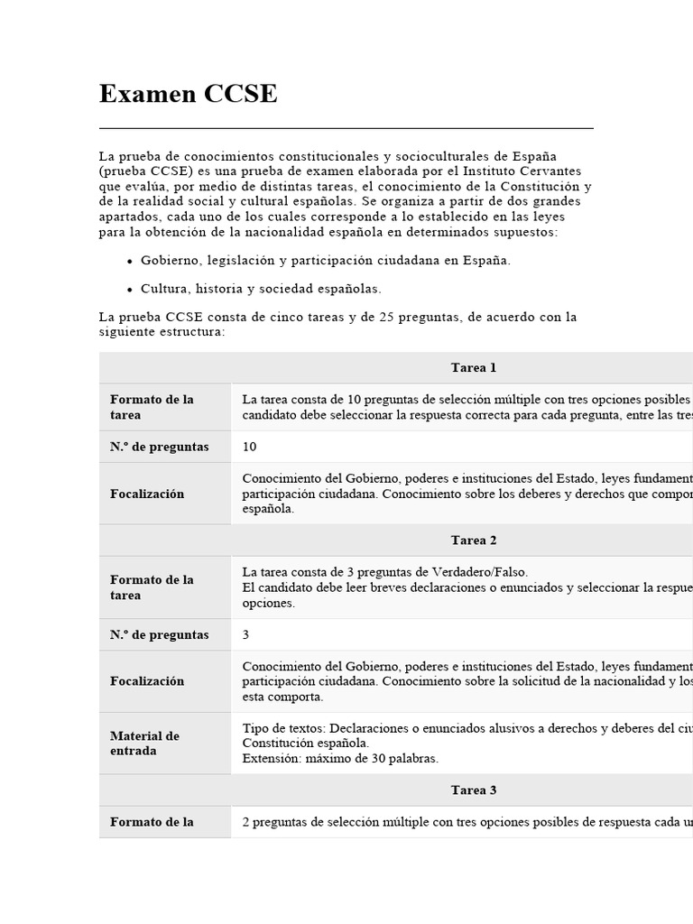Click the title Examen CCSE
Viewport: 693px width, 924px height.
click(x=188, y=94)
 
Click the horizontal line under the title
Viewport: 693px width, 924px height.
click(x=346, y=129)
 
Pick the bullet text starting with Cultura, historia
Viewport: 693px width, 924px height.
click(x=261, y=289)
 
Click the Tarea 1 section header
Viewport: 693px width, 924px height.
click(x=474, y=367)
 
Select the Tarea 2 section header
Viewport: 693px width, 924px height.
click(x=474, y=540)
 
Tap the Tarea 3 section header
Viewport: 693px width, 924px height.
click(x=474, y=790)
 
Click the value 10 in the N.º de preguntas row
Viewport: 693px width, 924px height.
click(x=250, y=447)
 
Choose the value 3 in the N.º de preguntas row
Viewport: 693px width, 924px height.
click(x=246, y=634)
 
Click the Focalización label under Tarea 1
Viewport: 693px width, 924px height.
click(x=147, y=494)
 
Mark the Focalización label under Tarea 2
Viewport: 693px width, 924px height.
click(x=147, y=681)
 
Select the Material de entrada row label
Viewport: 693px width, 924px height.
click(x=145, y=743)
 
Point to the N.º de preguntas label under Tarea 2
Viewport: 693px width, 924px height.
click(x=160, y=634)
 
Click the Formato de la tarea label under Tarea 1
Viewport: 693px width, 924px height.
click(x=152, y=407)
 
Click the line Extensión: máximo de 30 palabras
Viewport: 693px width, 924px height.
click(x=340, y=758)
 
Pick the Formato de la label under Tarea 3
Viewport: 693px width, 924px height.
click(x=152, y=822)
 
